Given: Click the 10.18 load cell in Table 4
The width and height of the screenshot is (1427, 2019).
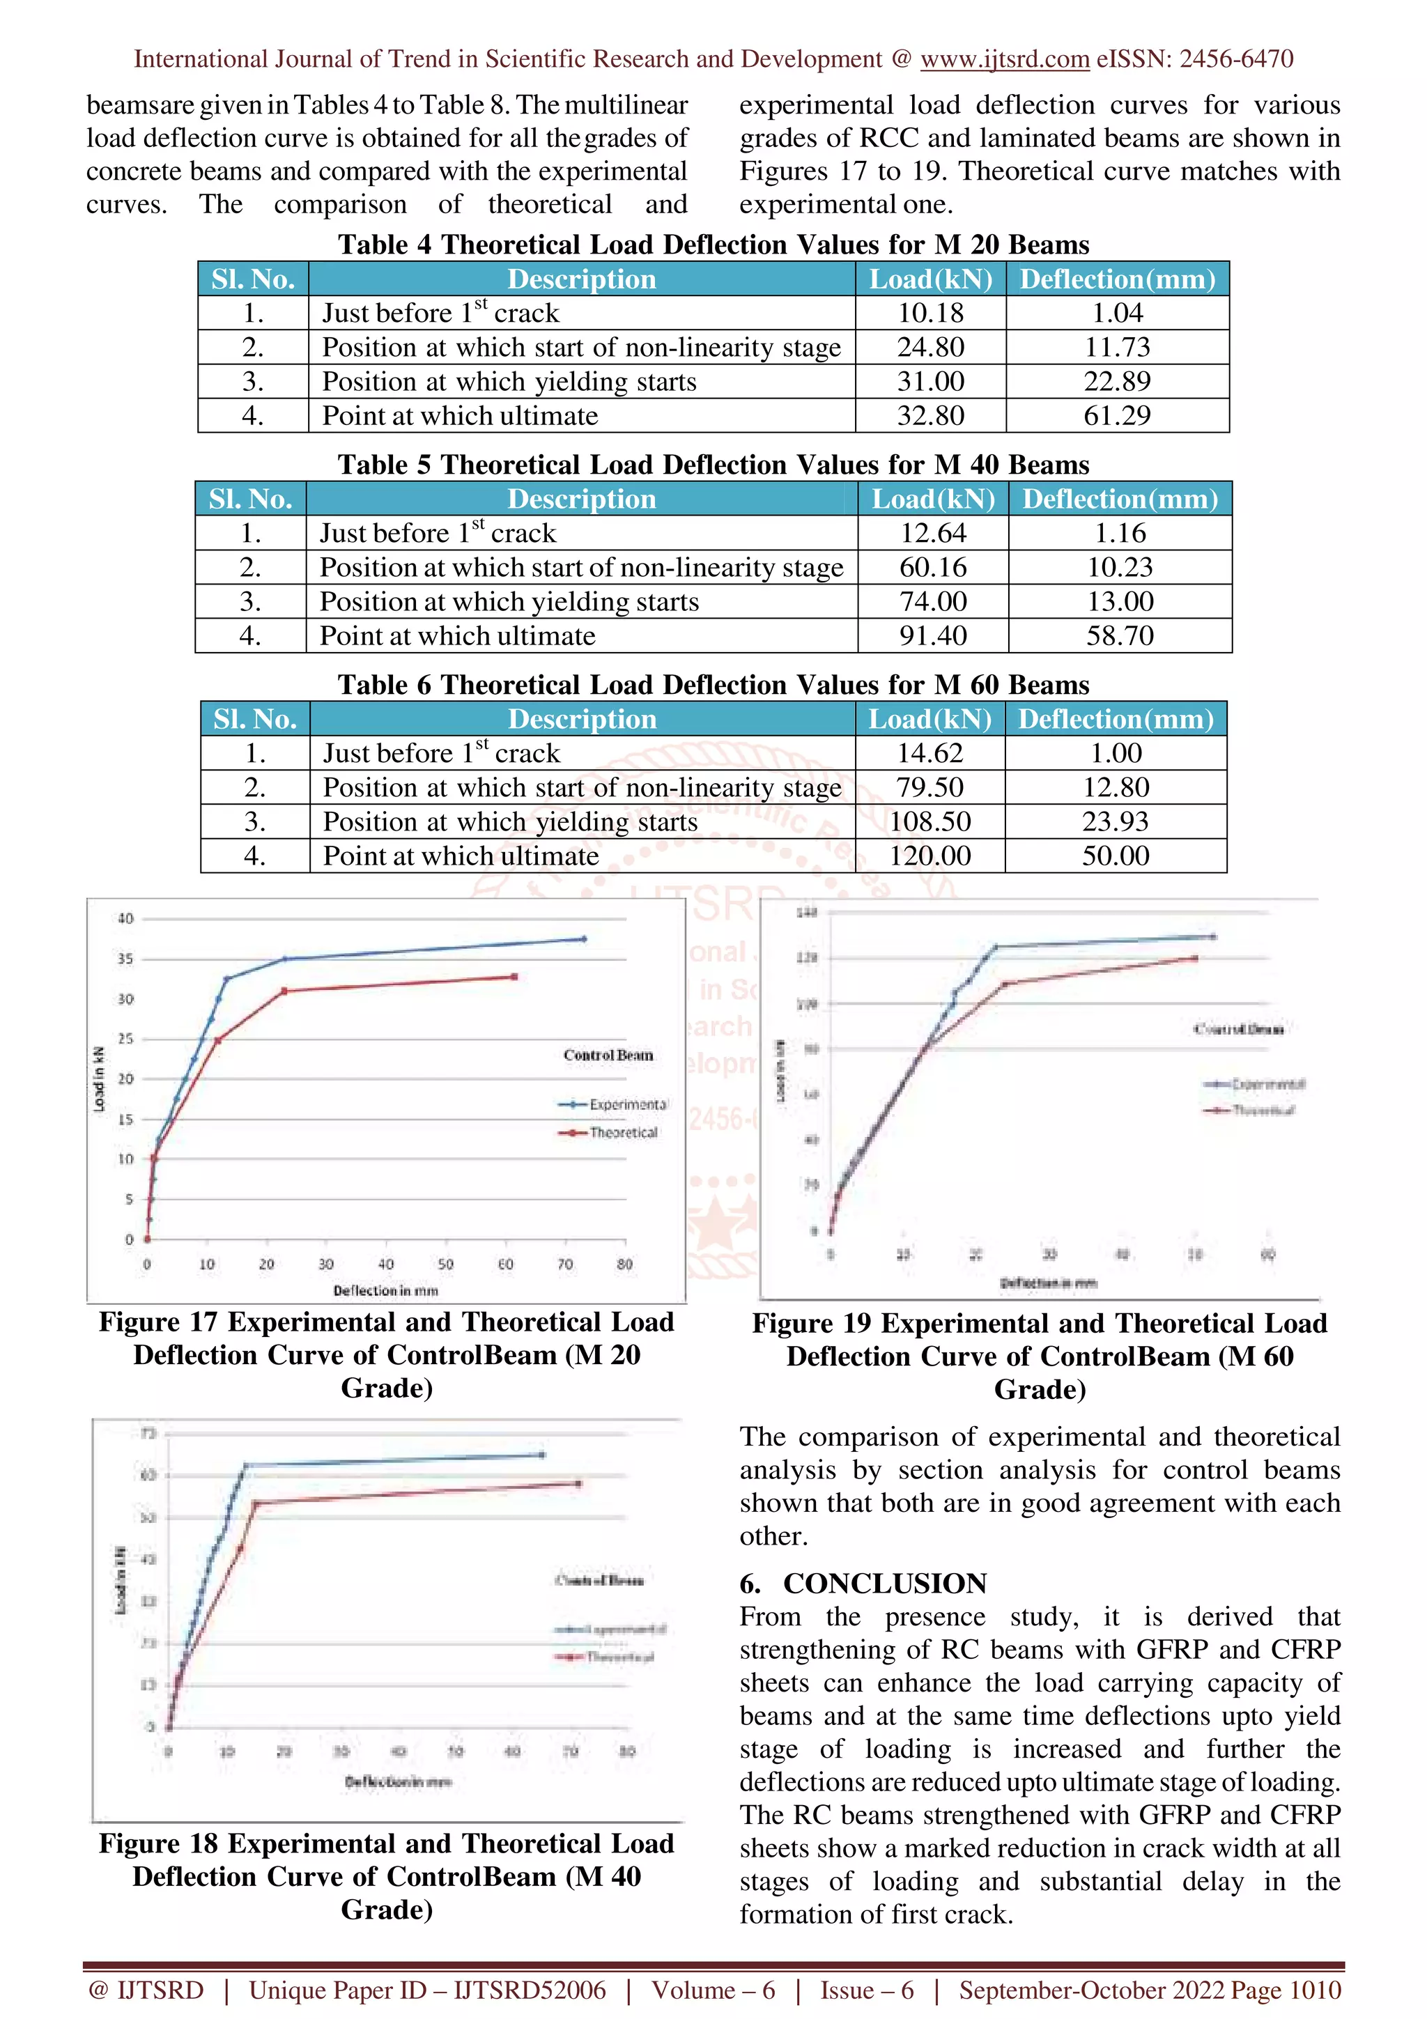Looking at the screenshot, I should tap(930, 313).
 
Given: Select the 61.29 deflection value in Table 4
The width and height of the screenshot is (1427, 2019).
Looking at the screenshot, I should tap(1117, 416).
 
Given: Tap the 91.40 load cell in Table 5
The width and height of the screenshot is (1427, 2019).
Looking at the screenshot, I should tap(933, 636).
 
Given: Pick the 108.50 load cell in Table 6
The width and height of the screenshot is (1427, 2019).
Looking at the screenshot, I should tap(930, 821).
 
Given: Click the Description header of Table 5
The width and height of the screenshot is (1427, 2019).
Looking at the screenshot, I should tap(581, 499).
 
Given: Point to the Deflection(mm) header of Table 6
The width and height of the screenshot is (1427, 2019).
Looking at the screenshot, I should tap(1116, 718).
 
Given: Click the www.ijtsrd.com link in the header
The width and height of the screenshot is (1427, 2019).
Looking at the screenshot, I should tap(1004, 59).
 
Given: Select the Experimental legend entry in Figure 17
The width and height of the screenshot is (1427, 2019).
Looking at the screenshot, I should tap(627, 1104).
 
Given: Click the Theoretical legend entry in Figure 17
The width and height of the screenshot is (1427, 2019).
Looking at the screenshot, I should tap(622, 1133).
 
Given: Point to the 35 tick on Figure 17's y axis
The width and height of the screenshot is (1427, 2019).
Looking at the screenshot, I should tap(125, 959).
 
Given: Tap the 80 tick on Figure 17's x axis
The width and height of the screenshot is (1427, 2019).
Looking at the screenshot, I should tap(624, 1264).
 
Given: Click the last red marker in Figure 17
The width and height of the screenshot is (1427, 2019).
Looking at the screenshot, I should tap(514, 977).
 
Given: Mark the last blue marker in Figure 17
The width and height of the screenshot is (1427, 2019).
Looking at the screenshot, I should tap(584, 939).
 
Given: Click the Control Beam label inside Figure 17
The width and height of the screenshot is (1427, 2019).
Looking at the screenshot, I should tap(608, 1055).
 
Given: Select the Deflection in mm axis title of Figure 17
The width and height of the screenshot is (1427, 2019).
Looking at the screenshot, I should tap(385, 1291).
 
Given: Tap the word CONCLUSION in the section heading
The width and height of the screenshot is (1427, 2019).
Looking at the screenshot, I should tap(884, 1584).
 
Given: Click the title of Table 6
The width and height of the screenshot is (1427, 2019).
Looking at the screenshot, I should tap(713, 685).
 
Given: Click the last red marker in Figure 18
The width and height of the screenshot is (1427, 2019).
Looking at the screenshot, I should tap(578, 1483).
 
